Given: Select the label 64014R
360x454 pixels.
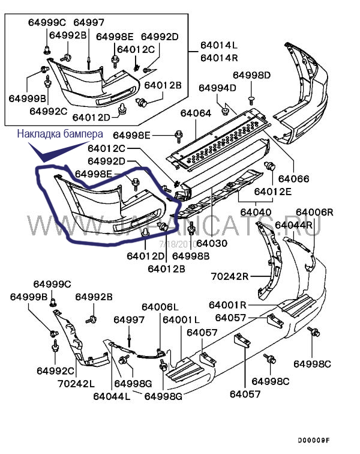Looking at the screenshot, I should pos(219,58).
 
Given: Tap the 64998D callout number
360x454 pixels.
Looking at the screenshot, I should pos(252,75).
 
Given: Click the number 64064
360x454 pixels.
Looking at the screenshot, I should pos(196,113).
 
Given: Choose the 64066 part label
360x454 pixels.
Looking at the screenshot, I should pos(294,178).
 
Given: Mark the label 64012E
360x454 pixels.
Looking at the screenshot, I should pos(272,192).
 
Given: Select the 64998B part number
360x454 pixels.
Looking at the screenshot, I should pos(191,255).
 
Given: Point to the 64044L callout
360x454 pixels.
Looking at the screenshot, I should pos(112,396).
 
